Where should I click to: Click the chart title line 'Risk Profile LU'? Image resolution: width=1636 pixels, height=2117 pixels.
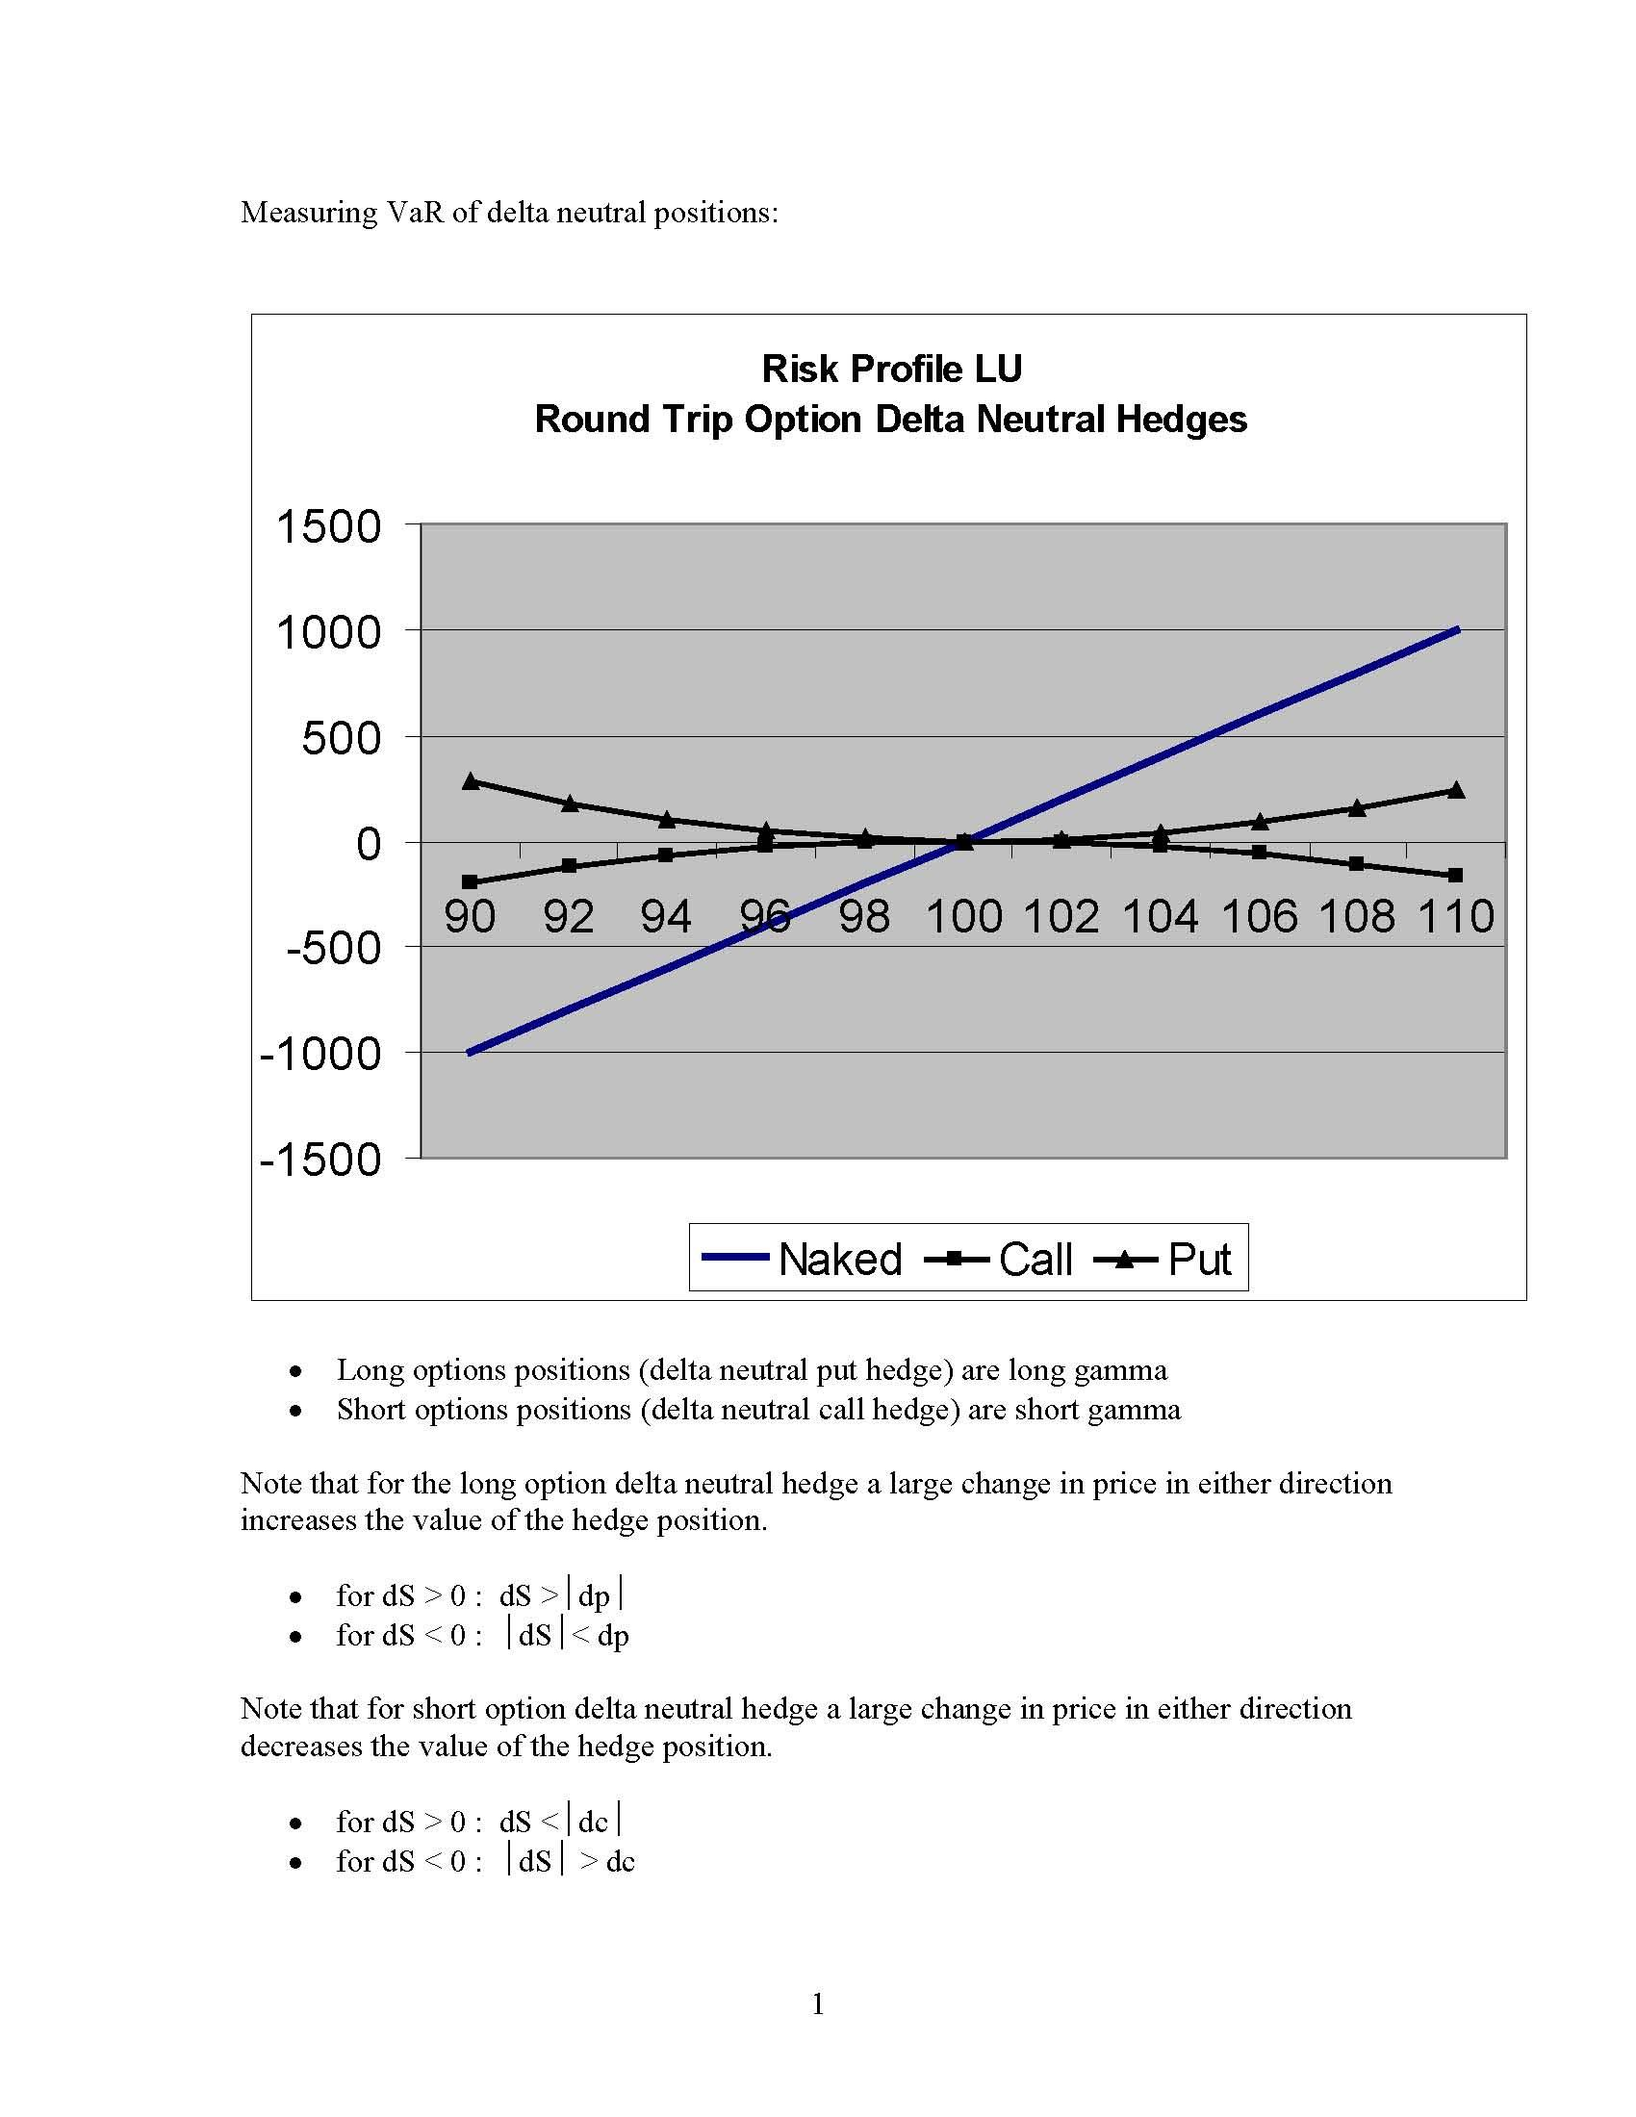(x=891, y=370)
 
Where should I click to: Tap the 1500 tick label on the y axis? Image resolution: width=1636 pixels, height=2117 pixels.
(x=329, y=527)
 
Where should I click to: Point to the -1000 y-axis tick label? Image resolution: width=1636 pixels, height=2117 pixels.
(x=320, y=1054)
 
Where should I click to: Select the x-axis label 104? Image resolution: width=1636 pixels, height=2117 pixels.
(x=1161, y=916)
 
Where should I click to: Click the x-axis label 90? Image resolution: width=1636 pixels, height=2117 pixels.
(x=470, y=916)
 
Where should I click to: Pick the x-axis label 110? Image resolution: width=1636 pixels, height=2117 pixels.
(x=1456, y=916)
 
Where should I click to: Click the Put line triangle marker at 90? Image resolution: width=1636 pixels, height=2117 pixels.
(x=471, y=781)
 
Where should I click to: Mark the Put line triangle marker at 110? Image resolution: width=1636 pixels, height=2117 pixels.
(x=1456, y=790)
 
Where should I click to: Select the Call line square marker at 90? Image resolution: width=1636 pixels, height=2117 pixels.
(x=471, y=882)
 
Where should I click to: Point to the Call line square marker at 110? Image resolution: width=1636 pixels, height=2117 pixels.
(x=1456, y=876)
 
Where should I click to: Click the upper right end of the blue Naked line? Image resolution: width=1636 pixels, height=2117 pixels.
(x=1456, y=631)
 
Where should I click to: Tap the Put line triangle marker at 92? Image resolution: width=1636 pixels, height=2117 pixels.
(x=570, y=803)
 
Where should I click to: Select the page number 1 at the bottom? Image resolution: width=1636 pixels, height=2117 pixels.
(x=818, y=2003)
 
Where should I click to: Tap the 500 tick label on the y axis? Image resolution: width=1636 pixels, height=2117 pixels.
(x=342, y=739)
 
